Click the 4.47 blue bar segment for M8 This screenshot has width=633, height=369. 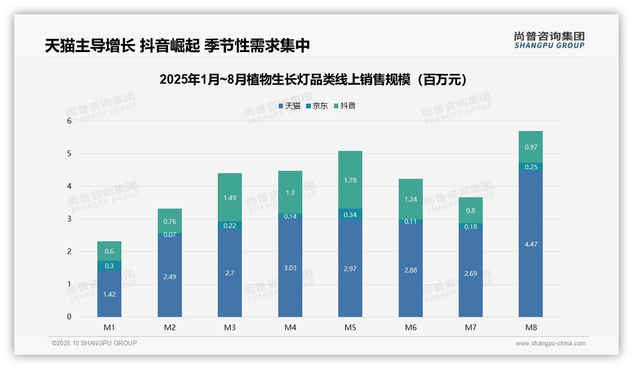point(530,244)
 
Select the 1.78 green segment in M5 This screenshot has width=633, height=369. point(350,180)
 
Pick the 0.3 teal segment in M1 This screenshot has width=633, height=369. point(109,266)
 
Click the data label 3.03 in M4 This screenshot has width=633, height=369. point(290,268)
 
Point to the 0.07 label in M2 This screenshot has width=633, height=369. point(170,235)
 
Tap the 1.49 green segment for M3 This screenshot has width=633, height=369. point(230,197)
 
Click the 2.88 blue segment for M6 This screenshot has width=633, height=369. point(411,270)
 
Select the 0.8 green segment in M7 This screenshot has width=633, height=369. point(470,211)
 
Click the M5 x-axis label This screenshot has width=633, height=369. point(350,327)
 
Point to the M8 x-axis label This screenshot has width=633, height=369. point(530,327)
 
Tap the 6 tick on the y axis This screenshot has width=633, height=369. point(69,121)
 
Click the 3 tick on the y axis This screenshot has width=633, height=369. point(69,219)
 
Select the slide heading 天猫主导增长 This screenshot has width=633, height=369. point(177,45)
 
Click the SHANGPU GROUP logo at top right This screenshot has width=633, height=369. point(549,40)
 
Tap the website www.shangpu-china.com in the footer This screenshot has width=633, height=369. point(550,343)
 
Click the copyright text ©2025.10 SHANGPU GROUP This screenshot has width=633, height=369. point(94,343)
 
